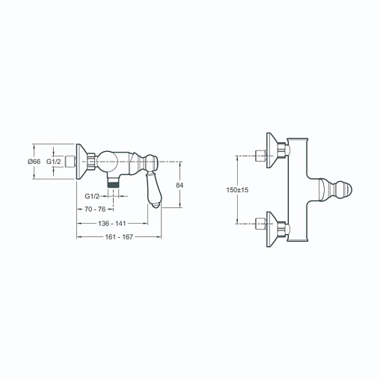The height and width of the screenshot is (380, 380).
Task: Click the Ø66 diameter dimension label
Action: tap(34, 162)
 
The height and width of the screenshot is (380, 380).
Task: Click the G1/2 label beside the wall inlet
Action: tap(54, 162)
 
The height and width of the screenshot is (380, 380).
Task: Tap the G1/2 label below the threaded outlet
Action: tap(92, 196)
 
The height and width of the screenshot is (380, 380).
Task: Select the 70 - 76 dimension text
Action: tap(95, 209)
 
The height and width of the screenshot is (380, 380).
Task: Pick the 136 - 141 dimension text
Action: tap(112, 224)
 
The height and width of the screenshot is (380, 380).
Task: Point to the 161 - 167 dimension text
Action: tap(119, 237)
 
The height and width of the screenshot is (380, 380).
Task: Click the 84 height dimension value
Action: tap(180, 186)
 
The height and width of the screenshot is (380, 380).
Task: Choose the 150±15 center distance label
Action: tap(237, 190)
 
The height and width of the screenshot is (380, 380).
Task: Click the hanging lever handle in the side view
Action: tap(154, 189)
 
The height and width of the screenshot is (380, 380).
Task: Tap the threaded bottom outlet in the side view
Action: tap(113, 181)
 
